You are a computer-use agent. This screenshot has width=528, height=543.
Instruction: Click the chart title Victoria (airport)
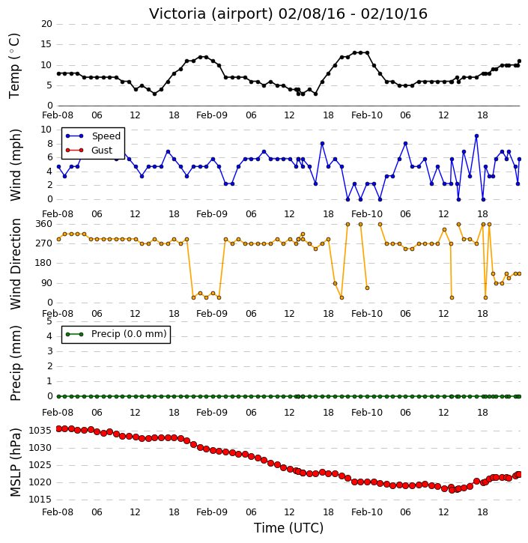pos(211,14)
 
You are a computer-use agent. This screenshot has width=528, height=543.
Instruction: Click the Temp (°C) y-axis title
pos(14,66)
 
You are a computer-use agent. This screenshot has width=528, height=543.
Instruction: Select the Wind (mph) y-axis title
pos(15,165)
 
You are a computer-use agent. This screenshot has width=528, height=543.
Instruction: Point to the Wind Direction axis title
pos(15,264)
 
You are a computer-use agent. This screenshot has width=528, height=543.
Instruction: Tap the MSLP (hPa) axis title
pos(15,462)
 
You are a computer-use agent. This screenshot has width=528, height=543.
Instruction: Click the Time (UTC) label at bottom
pos(288,528)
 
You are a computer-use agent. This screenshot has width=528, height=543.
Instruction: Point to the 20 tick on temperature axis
pos(46,24)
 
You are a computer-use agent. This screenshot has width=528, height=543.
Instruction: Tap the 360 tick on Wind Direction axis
pos(44,224)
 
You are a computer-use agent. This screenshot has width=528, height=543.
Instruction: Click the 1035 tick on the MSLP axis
pos(40,431)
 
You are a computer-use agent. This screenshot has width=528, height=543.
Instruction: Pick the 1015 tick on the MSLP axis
pos(40,500)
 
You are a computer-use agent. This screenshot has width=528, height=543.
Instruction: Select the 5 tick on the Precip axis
pos(49,321)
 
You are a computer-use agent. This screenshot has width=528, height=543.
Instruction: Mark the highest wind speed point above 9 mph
pos(477,136)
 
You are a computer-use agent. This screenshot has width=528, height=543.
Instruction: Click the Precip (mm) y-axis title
pos(15,363)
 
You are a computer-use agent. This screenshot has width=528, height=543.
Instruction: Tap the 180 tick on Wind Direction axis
pos(44,263)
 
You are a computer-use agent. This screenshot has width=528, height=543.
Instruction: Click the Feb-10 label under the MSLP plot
pos(367,512)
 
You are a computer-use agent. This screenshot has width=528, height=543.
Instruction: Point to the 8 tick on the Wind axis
pos(49,144)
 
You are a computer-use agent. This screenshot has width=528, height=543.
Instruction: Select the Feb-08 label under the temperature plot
pos(58,115)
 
